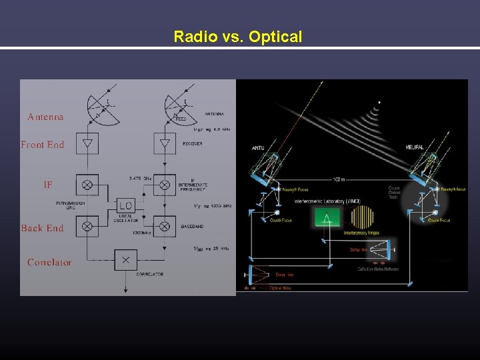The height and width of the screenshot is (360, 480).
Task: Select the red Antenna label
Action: (x=45, y=117)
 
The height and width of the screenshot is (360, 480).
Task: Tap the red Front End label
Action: (x=42, y=144)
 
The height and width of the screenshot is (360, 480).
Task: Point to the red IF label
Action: (x=47, y=185)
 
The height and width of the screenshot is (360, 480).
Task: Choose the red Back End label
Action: (x=42, y=228)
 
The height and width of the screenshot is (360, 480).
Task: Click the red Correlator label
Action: (x=49, y=262)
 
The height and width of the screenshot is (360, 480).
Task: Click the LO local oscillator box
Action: (x=125, y=205)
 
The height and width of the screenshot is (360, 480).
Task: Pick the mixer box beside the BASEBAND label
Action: (x=165, y=226)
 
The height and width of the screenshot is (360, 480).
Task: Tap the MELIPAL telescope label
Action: (x=414, y=147)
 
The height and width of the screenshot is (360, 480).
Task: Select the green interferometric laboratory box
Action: (x=327, y=217)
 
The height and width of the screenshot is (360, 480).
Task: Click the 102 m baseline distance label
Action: (x=340, y=180)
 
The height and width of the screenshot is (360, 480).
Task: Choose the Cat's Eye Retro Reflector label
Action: (x=378, y=269)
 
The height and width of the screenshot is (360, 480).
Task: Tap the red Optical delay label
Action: (x=281, y=288)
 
